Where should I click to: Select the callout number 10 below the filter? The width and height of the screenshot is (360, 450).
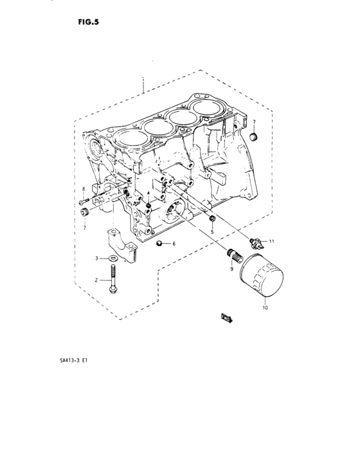click(264, 308)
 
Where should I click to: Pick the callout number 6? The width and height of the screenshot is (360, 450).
click(174, 244)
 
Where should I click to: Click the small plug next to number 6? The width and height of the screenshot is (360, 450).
click(160, 243)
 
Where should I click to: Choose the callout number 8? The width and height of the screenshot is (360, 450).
click(83, 188)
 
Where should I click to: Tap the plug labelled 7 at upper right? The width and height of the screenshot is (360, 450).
click(253, 137)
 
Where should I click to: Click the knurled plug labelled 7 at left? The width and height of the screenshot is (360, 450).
click(84, 212)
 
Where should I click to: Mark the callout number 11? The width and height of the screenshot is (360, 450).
click(271, 241)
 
